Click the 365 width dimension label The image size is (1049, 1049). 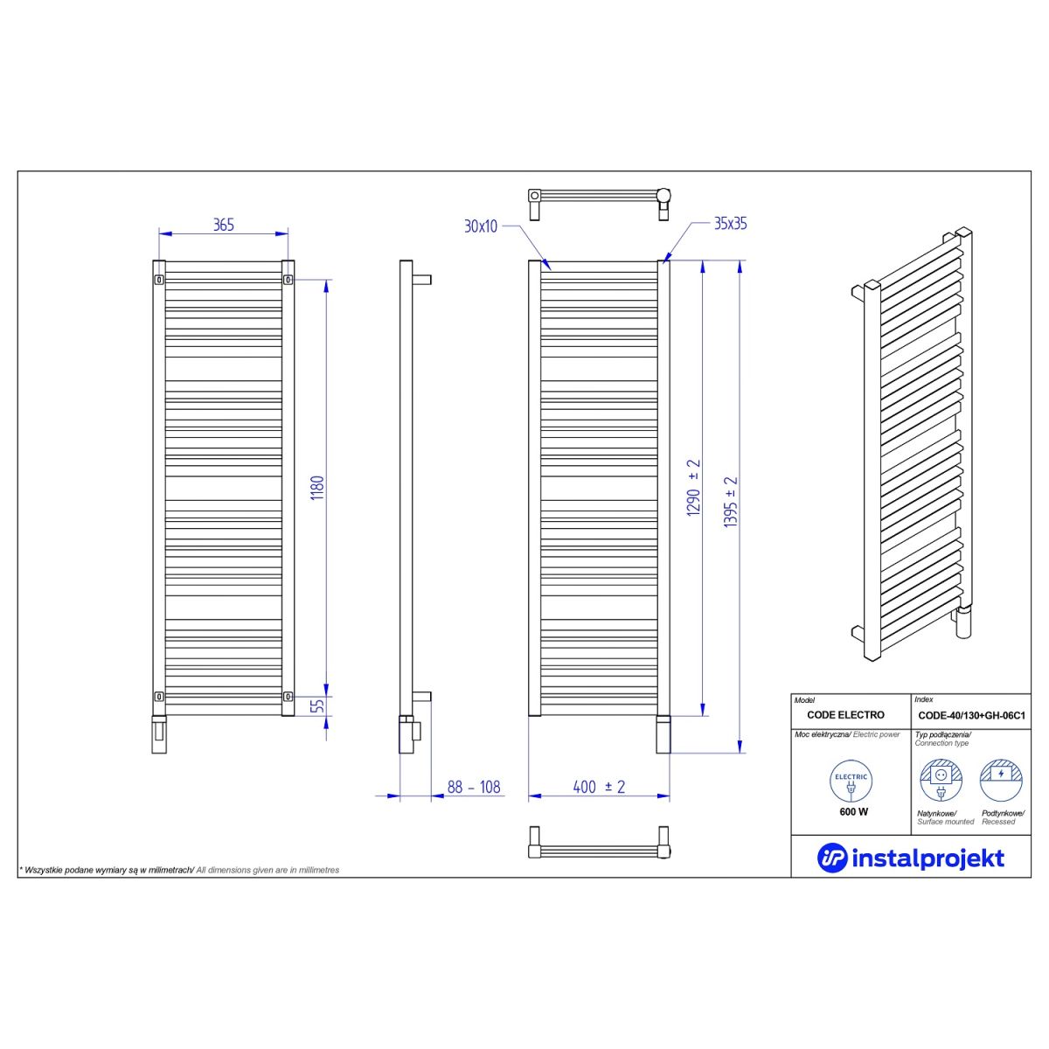click(x=224, y=225)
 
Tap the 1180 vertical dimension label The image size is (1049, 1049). click(x=316, y=489)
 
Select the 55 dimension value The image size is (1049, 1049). click(x=316, y=706)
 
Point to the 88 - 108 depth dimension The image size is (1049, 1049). click(x=474, y=787)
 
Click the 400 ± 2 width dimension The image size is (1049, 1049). click(x=599, y=787)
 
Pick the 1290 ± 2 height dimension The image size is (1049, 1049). click(x=693, y=488)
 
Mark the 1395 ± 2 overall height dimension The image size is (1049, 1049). click(x=731, y=503)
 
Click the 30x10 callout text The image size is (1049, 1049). click(x=481, y=226)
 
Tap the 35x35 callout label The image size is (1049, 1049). click(x=731, y=224)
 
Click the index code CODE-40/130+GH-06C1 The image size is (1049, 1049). click(x=972, y=715)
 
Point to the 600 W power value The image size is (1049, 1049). click(x=853, y=812)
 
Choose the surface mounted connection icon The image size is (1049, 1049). click(x=941, y=781)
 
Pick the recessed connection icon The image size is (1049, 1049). click(x=1001, y=781)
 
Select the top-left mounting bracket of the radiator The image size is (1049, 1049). click(x=159, y=280)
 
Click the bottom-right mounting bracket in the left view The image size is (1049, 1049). click(x=288, y=696)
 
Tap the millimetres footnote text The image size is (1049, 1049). click(x=180, y=871)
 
